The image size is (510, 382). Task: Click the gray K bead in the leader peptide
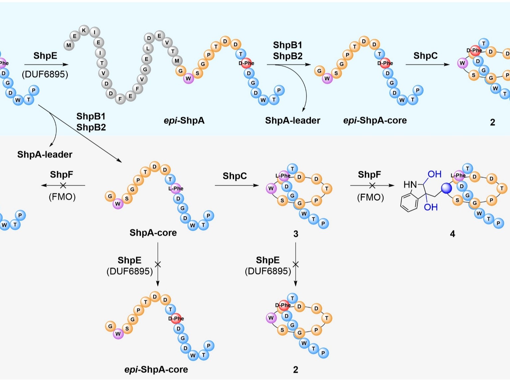point(84,31)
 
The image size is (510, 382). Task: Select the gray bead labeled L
point(148,48)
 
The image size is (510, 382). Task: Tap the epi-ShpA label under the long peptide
point(184,120)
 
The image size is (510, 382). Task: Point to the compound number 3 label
point(296,234)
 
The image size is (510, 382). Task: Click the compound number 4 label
point(452,234)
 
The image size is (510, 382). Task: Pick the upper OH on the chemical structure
point(434,174)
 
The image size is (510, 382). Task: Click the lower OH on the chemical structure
point(431,207)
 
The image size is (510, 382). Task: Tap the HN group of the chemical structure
point(410,185)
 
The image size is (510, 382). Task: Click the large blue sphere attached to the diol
point(446,189)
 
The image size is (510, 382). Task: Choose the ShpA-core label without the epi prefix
point(153,233)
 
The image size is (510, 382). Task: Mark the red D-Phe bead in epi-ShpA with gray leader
point(246,63)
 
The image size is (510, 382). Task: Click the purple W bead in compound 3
point(271,189)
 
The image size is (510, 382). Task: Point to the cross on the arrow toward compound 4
point(372,186)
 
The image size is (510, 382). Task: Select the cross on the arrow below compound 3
point(296,264)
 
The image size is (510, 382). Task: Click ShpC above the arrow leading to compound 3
point(235,176)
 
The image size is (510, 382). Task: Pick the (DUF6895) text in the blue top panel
point(45,74)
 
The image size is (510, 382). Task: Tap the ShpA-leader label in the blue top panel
point(293,120)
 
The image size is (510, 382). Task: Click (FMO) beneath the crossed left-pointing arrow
point(62,197)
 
